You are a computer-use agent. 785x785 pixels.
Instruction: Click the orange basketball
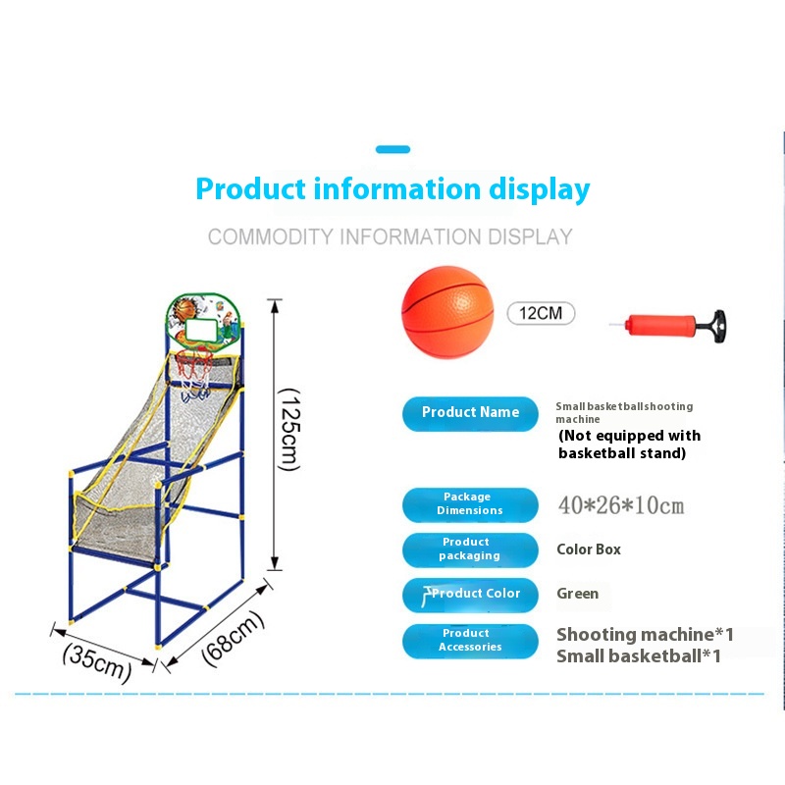(x=446, y=311)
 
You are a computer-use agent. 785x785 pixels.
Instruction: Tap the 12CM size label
(x=541, y=314)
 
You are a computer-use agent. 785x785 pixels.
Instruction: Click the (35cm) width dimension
(x=96, y=660)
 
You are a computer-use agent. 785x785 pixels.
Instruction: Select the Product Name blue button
(x=470, y=413)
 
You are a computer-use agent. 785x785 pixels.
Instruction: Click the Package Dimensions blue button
(x=470, y=504)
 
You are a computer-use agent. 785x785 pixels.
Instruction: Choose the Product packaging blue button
(x=470, y=549)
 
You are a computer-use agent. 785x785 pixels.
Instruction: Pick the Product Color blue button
(x=470, y=594)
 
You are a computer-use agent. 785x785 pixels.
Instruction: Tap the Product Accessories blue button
(x=470, y=641)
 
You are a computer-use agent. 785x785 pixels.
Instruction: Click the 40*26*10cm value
(x=620, y=506)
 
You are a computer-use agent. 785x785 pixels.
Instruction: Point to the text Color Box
(x=589, y=549)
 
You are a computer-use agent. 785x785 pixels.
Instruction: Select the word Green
(x=578, y=594)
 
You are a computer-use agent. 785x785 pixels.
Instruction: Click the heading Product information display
(x=392, y=188)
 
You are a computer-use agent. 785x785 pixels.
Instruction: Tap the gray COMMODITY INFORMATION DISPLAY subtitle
(x=390, y=237)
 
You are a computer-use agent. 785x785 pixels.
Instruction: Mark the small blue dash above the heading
(x=392, y=150)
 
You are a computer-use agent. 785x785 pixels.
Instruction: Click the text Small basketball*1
(x=638, y=656)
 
